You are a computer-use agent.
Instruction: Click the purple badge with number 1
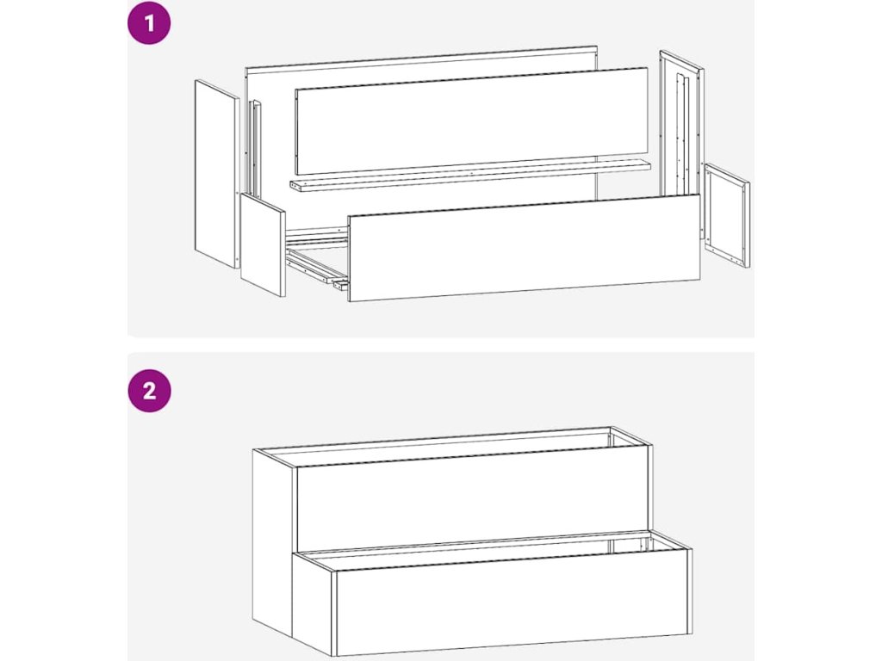coord(149,23)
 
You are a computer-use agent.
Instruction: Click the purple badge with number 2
coord(149,390)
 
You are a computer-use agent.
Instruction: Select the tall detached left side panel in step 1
coord(217,174)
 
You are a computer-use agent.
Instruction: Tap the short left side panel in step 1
coord(263,245)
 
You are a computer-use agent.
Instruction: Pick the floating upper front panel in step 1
coord(471,120)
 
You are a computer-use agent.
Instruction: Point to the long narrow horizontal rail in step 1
coord(469,176)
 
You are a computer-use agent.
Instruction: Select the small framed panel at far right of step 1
coord(727,215)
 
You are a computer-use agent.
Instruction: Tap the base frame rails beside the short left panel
coord(317,257)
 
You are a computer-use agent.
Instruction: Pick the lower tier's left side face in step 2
coord(314,602)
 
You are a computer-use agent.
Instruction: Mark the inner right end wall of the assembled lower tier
coord(629,545)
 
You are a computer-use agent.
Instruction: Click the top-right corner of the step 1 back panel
coord(598,46)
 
